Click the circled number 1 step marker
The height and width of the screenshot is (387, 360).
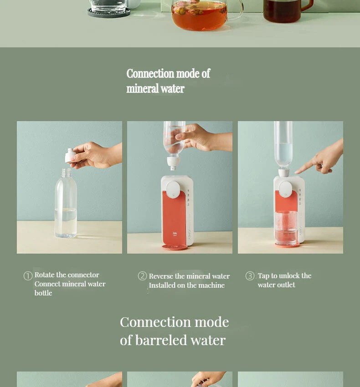point(28,276)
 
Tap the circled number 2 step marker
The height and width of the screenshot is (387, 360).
point(142,276)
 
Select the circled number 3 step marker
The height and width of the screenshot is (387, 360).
point(250,276)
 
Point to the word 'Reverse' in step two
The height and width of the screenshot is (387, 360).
point(161,276)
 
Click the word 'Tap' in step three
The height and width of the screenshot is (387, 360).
point(264,276)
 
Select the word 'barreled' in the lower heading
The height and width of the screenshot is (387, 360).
point(161,340)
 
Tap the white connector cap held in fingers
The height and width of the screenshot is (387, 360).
point(70,155)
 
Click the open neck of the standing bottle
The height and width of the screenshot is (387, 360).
point(66,169)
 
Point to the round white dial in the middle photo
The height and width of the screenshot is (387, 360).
point(173,189)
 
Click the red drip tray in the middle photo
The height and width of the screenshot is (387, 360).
point(175,247)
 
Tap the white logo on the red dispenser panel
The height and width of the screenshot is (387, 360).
point(175,234)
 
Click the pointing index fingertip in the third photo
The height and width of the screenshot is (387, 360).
point(297,172)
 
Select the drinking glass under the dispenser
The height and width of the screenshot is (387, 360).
point(286,228)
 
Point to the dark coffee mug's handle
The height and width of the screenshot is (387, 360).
point(307,5)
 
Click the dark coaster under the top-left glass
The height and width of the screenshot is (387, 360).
point(109,13)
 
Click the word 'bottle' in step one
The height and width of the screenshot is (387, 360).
point(43,293)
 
